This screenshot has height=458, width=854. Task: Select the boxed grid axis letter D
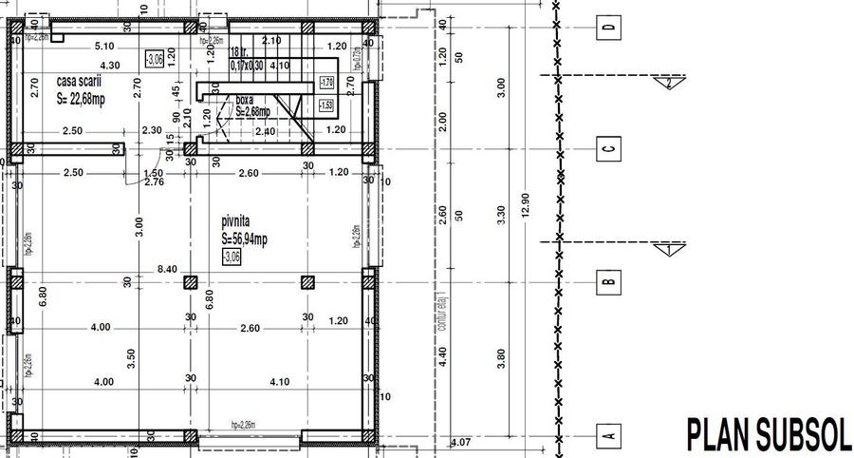point(608,28)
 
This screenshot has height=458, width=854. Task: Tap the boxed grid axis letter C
point(608,148)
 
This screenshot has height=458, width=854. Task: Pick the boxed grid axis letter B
point(608,281)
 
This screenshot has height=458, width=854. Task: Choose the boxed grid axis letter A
point(608,435)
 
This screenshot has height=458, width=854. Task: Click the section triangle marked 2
point(669,83)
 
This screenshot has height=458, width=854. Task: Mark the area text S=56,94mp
point(245,239)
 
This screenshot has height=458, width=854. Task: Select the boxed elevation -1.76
point(326,83)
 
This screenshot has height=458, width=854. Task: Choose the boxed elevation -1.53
point(326,105)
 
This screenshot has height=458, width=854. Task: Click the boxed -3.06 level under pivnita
point(232,257)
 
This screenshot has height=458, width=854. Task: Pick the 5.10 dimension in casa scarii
point(104,46)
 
